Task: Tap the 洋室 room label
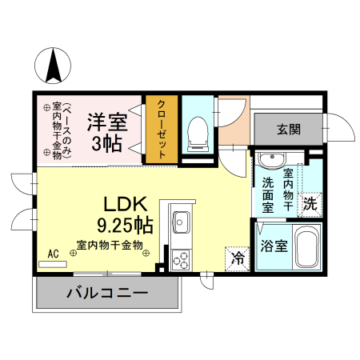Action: tap(107, 122)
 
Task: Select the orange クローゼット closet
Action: tap(162, 130)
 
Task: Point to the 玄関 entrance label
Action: tap(289, 128)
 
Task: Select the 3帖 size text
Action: tap(107, 145)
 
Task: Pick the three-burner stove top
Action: tap(181, 258)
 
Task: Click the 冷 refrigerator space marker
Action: tap(238, 257)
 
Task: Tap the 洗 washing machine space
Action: tap(310, 203)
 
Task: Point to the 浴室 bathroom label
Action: tap(274, 246)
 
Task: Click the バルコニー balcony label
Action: tap(107, 293)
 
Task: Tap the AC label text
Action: tap(54, 254)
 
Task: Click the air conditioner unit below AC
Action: tap(54, 264)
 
